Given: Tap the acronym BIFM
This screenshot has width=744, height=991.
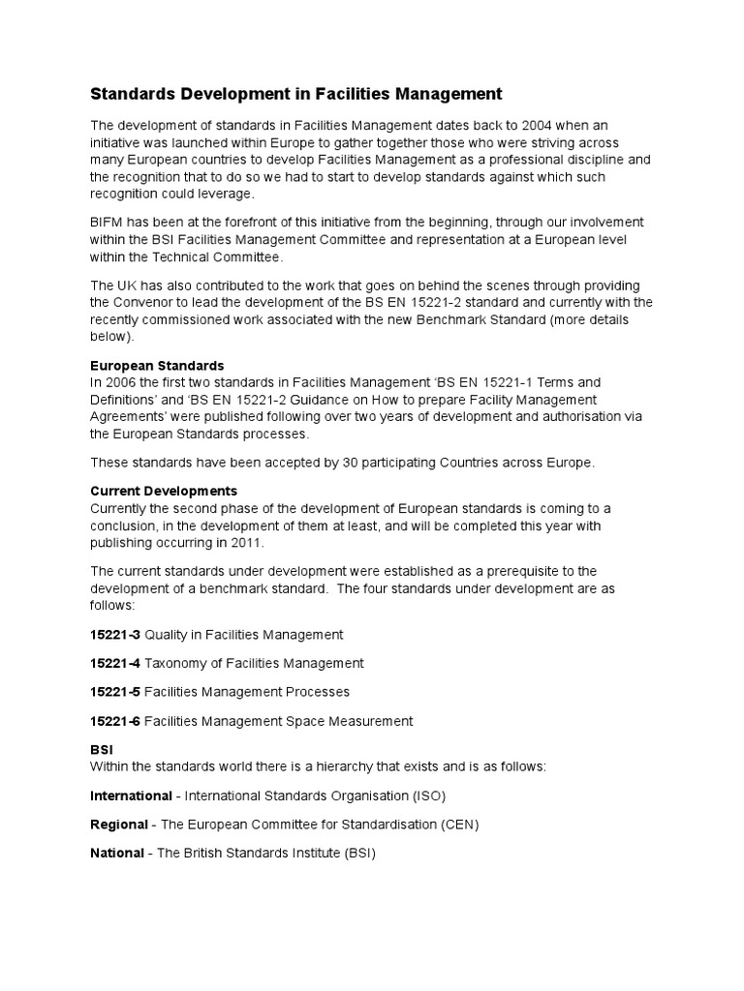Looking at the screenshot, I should click(108, 223).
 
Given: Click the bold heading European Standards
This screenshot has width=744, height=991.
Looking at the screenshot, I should click(157, 366).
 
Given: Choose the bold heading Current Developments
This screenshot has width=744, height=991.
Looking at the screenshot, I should click(164, 491).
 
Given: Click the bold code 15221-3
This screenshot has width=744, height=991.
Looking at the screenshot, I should click(115, 635).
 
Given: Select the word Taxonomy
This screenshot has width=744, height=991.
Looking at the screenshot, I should click(174, 664).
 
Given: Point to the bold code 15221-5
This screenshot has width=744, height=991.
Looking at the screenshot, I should click(115, 692).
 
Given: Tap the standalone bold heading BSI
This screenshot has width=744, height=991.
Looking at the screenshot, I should click(102, 750).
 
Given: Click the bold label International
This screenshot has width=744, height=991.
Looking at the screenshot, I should click(131, 796).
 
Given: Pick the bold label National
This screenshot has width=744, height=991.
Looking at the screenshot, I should click(116, 854).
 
